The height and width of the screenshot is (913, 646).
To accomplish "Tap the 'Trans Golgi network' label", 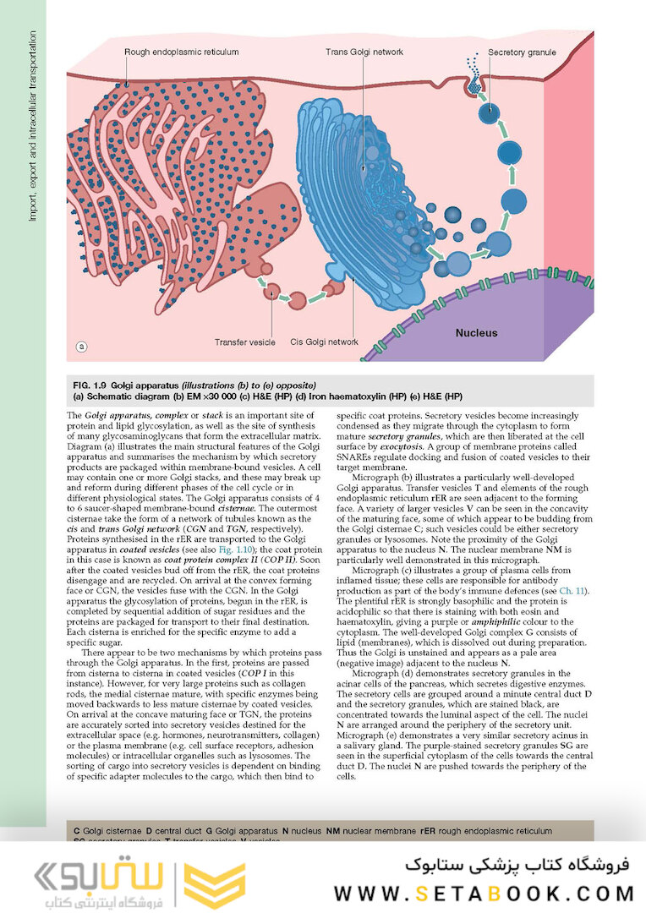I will pyautogui.click(x=364, y=52).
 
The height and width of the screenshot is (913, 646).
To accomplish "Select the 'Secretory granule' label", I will pyautogui.click(x=522, y=52).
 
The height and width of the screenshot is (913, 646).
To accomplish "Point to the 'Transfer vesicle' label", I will pyautogui.click(x=245, y=342).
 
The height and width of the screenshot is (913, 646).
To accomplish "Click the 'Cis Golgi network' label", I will pyautogui.click(x=325, y=342).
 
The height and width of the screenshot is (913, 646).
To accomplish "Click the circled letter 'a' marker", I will pyautogui.click(x=82, y=346).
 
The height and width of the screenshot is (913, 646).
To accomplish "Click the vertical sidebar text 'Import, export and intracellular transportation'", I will pyautogui.click(x=33, y=127).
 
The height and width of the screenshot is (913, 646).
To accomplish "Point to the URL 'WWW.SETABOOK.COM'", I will pyautogui.click(x=484, y=893).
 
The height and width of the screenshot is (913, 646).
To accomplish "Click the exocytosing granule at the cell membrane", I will pyautogui.click(x=476, y=83).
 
